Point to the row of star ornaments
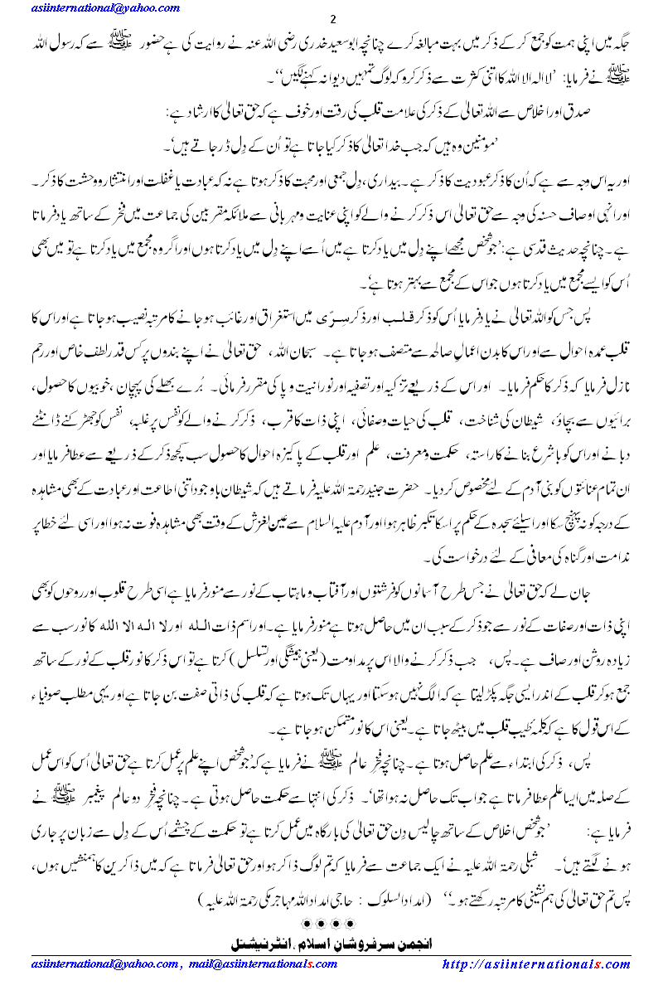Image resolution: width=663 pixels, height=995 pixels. click(331, 922)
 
